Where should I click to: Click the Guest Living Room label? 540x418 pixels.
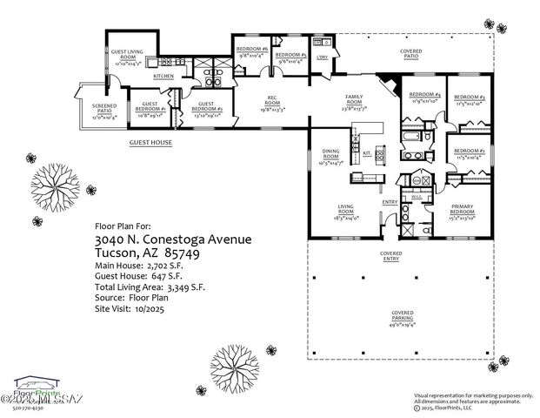tap(133, 53)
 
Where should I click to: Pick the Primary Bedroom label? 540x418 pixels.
tap(462, 212)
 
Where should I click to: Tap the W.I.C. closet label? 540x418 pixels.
tap(416, 197)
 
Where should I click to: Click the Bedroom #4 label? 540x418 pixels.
tap(425, 98)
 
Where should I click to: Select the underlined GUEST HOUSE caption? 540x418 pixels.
tap(150, 143)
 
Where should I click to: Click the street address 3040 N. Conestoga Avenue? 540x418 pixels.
tap(174, 239)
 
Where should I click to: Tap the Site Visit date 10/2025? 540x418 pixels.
tap(153, 308)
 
